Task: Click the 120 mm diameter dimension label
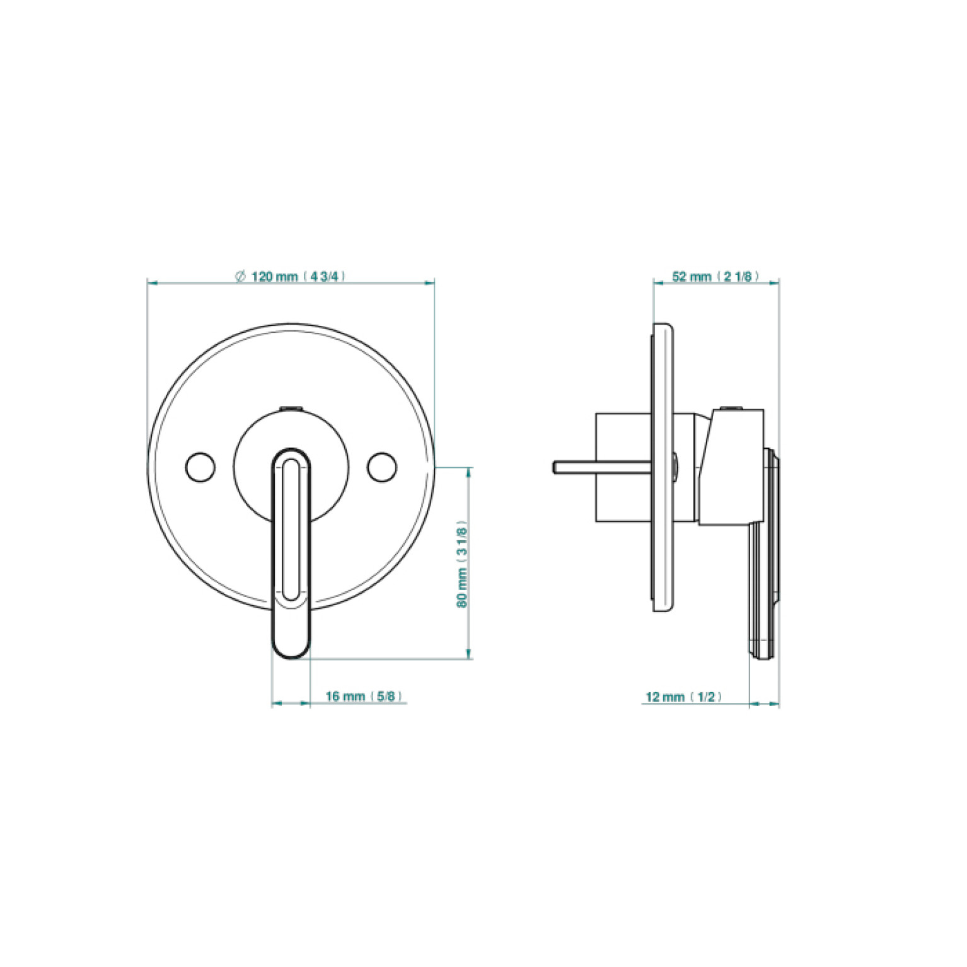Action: coord(291,276)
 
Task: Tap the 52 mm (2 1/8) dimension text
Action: coord(715,276)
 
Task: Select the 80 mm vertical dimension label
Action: coord(462,564)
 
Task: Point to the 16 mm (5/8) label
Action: coord(364,696)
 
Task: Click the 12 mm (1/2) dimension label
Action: coord(683,697)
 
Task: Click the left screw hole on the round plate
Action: coord(200,466)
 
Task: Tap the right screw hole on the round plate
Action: coord(382,466)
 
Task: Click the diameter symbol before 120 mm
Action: coord(240,276)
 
